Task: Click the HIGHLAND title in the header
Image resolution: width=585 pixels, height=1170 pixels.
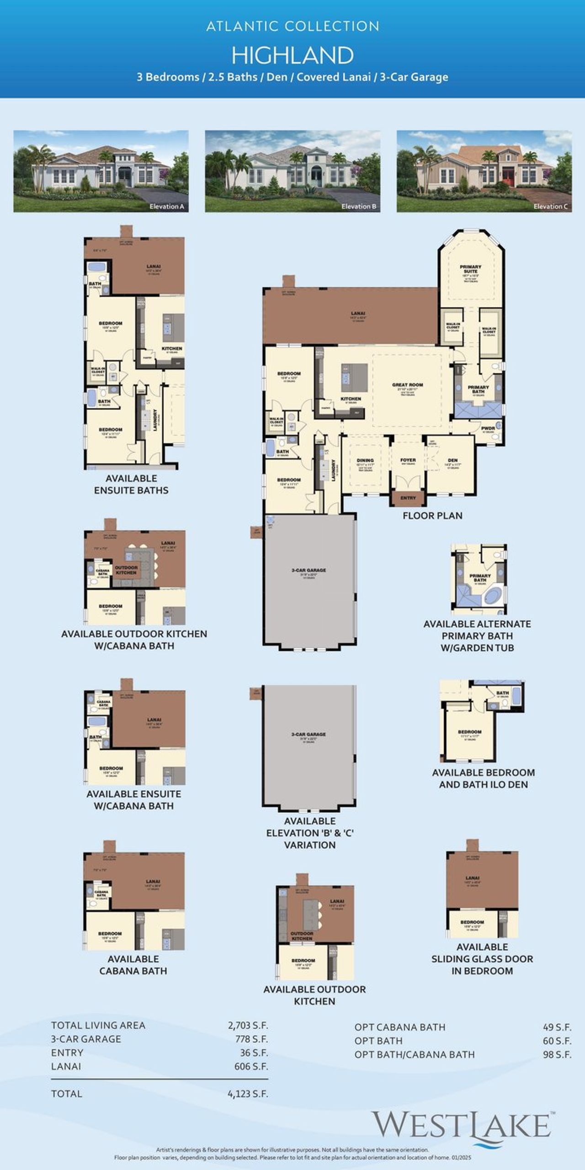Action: (292, 55)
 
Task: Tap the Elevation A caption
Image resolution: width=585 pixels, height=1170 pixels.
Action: (166, 207)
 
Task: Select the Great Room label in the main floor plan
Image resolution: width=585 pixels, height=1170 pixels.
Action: (407, 385)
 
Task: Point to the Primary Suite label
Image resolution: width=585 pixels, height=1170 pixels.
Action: (470, 269)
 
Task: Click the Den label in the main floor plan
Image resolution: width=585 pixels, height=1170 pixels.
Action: (452, 460)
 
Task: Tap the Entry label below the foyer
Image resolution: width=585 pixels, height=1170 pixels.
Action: (408, 498)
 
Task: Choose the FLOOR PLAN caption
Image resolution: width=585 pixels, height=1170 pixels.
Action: (432, 516)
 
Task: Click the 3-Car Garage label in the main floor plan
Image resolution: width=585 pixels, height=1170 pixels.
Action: (309, 570)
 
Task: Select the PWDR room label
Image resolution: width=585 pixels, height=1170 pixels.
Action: (488, 429)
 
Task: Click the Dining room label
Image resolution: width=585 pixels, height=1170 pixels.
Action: (365, 460)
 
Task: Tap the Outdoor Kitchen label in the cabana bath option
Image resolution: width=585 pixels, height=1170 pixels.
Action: (126, 570)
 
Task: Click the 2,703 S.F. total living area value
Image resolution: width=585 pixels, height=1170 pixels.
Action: (248, 1025)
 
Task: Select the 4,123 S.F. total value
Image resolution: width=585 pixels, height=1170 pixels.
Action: (248, 1094)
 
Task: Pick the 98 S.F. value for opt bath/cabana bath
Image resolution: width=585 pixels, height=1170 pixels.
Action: (557, 1054)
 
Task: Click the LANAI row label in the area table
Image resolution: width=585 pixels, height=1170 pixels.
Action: (66, 1066)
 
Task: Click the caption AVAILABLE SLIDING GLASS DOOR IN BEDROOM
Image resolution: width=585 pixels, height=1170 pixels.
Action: (482, 959)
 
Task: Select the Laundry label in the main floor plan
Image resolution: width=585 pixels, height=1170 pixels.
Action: (334, 470)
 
